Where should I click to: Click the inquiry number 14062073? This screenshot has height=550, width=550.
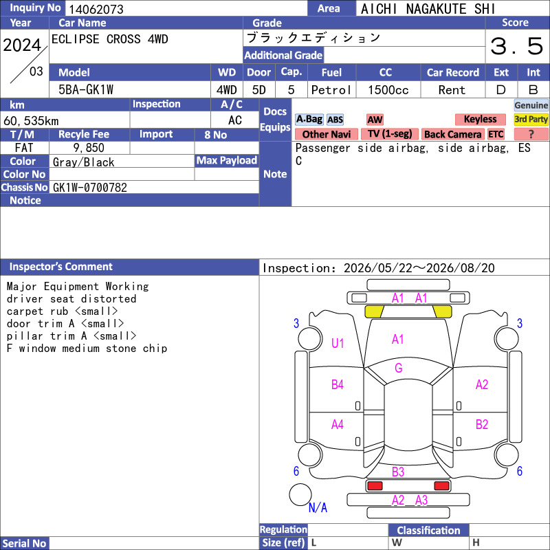(96, 9)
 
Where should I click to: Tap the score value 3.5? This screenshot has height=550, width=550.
(517, 46)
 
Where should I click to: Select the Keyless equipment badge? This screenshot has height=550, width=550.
(480, 119)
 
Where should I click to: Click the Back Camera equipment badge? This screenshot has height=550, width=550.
(452, 134)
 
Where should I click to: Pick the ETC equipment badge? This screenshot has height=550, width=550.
(496, 134)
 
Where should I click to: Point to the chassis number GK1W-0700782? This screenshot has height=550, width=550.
(90, 188)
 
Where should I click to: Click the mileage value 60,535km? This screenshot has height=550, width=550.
(31, 121)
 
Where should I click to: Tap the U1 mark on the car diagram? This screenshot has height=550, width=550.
(338, 343)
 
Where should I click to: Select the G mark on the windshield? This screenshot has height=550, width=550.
(398, 368)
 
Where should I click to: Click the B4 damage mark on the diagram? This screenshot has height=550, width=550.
(338, 385)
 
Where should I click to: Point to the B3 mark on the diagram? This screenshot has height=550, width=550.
(398, 472)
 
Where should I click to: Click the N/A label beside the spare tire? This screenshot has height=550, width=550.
(318, 507)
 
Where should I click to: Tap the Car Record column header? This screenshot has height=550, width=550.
(452, 73)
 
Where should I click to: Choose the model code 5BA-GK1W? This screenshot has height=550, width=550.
(86, 90)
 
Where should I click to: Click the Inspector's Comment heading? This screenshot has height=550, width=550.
(60, 267)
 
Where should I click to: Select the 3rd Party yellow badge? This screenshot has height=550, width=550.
(531, 119)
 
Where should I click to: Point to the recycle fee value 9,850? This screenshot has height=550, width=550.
(89, 148)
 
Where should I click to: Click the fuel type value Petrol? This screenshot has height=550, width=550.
(331, 90)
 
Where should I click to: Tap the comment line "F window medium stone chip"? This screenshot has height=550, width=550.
(87, 349)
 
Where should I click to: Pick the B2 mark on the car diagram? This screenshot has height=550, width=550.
(482, 424)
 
